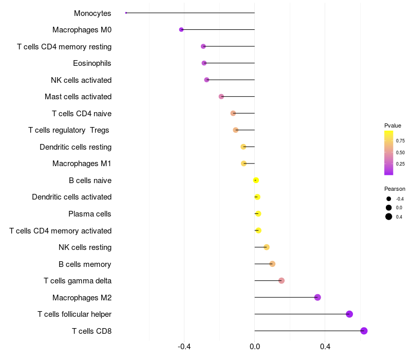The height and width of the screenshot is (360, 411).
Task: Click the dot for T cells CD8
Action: (x=364, y=331)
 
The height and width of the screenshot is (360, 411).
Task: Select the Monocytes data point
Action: (x=126, y=13)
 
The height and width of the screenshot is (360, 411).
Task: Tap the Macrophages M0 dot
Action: (x=181, y=30)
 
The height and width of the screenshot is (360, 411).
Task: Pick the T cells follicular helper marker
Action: (x=349, y=314)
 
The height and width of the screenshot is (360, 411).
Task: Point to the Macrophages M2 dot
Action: (x=317, y=297)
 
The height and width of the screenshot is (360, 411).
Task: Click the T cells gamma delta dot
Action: (x=282, y=281)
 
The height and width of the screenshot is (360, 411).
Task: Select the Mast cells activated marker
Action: (x=221, y=97)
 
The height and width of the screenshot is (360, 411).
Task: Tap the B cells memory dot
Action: (x=272, y=264)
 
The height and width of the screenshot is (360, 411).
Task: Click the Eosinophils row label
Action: (x=92, y=63)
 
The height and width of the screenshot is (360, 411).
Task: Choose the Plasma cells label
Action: (x=90, y=214)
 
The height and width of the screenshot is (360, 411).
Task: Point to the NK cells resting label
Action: (x=85, y=247)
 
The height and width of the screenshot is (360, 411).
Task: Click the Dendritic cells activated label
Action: (x=72, y=197)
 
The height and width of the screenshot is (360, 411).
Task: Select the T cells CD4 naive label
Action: (x=82, y=113)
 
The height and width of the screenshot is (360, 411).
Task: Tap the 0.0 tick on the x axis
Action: (x=255, y=347)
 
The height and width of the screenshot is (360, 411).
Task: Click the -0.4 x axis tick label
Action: (x=184, y=347)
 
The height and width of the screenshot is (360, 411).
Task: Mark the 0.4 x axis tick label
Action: (x=325, y=347)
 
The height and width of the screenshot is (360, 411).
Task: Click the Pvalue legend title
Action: (x=393, y=125)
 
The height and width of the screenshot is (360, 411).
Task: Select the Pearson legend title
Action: (x=395, y=189)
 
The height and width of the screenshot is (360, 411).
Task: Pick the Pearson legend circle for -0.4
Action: (x=389, y=199)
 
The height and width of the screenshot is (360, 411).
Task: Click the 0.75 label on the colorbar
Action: (x=400, y=140)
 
